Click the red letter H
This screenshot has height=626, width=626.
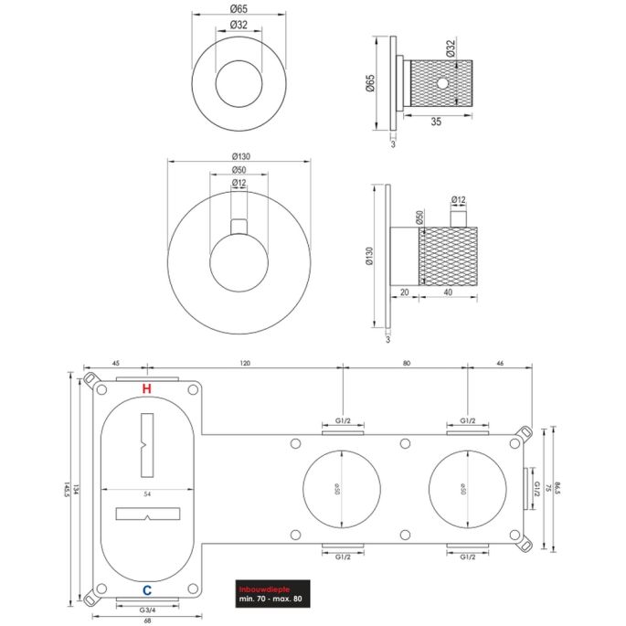[147, 389]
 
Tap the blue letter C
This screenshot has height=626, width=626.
[147, 589]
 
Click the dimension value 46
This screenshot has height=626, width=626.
[499, 363]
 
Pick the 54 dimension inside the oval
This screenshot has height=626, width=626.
[146, 493]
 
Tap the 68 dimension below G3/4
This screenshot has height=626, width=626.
[147, 621]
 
